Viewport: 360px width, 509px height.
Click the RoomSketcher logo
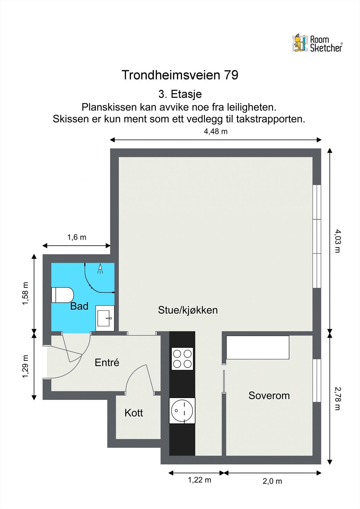(317, 43)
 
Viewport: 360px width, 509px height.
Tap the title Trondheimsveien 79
(180, 75)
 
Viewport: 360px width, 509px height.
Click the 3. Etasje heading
(180, 94)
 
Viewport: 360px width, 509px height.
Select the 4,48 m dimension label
(215, 132)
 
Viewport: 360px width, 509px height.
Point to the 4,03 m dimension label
(338, 241)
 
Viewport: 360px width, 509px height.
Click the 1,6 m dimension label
(77, 237)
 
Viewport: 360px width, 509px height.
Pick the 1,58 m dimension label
(25, 293)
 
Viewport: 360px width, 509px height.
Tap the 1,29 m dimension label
(25, 366)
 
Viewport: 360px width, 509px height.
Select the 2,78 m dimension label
(338, 399)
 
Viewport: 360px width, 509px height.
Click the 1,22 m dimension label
(200, 480)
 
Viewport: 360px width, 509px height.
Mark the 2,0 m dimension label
(272, 481)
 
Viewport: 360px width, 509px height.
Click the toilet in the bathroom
(62, 295)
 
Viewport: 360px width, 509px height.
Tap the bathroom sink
(105, 318)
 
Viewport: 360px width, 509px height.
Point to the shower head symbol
(100, 268)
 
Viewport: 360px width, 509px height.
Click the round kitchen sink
(182, 411)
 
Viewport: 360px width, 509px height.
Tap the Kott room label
(134, 413)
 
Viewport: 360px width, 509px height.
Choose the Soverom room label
(269, 396)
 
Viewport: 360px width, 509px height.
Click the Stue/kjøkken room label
(188, 310)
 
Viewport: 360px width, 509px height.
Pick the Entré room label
(107, 362)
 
